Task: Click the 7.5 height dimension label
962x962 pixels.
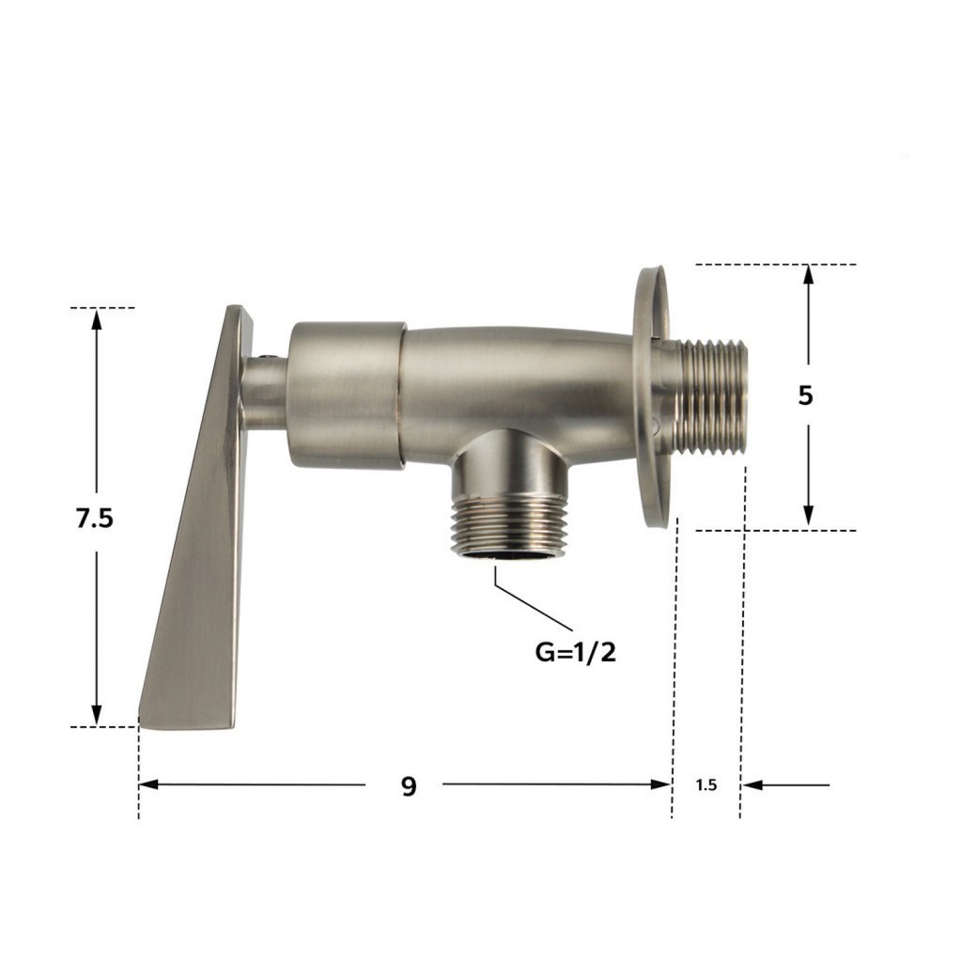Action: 95,519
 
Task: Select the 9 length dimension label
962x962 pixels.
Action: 409,786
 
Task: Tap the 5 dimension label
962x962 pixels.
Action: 805,396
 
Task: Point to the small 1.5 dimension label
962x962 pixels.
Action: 706,784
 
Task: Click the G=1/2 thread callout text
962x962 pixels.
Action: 575,652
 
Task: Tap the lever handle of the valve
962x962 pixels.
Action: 196,519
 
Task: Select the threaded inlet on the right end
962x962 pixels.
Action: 712,397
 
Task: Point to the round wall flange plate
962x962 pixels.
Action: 650,396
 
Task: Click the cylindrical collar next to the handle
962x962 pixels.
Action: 347,396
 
